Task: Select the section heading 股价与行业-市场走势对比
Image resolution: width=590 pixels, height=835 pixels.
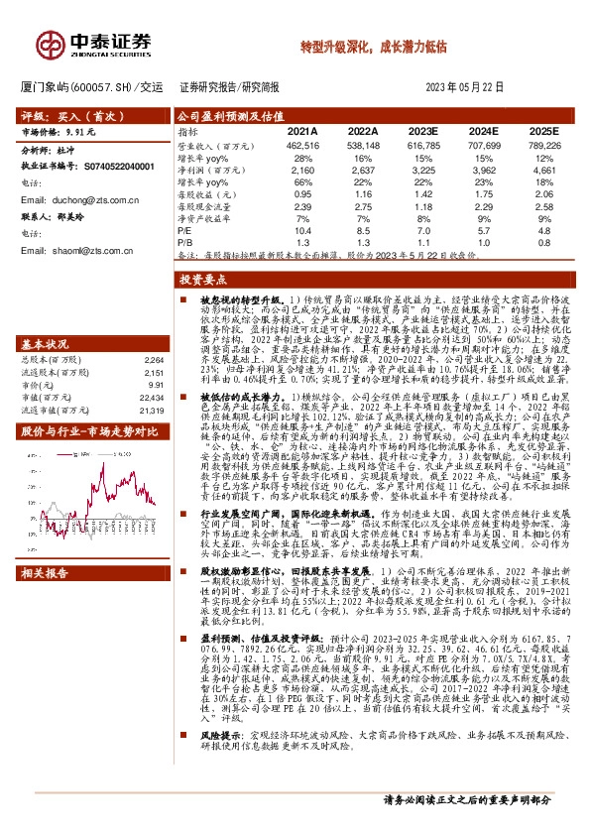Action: (x=81, y=433)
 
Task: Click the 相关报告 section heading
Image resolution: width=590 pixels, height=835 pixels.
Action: (x=48, y=601)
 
